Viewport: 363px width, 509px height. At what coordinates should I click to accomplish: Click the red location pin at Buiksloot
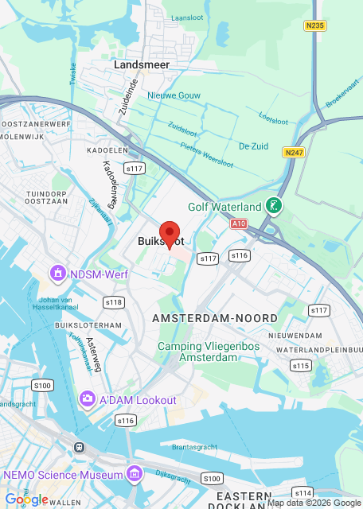pos(170,234)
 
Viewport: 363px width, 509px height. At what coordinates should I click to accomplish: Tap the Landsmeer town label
pos(141,64)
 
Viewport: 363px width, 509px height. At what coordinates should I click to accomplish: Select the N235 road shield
pos(314,25)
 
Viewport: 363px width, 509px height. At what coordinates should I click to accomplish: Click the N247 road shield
pos(294,151)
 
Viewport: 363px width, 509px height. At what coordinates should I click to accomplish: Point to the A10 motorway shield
pos(239,224)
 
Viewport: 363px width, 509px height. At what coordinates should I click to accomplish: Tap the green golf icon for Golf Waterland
pos(274,207)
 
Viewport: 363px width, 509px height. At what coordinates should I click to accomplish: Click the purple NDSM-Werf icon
pos(57,274)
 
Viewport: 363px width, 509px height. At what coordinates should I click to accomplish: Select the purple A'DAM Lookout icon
pos(88,399)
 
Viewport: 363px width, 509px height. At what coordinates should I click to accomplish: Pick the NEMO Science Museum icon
pos(134,476)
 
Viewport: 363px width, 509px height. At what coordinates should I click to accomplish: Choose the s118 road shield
pos(114,302)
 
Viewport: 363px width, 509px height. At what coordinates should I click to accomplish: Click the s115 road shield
pos(300,366)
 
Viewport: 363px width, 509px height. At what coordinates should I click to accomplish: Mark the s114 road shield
pos(302,492)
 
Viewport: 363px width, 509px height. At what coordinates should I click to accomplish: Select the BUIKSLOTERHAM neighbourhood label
pos(88,325)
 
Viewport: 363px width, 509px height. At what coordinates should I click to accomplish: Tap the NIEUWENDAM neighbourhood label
pos(295,336)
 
